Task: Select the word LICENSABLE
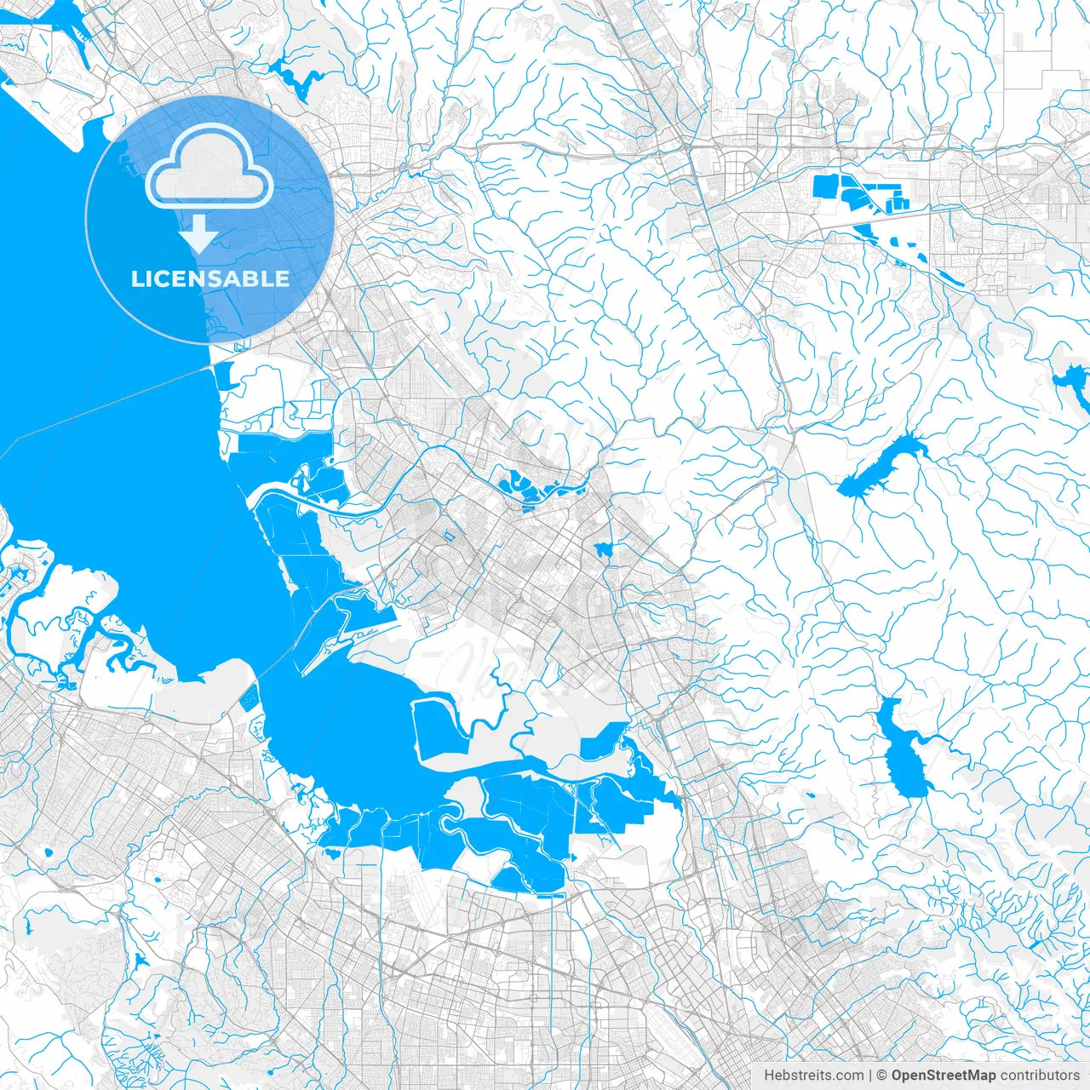pos(209,278)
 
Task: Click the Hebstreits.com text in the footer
pos(814,1076)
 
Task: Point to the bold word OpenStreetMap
pos(944,1076)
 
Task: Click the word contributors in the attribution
pos(1039,1076)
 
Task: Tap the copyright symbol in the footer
pos(882,1076)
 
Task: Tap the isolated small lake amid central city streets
pos(604,550)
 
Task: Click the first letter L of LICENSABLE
pos(136,278)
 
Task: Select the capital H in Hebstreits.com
pos(769,1076)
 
